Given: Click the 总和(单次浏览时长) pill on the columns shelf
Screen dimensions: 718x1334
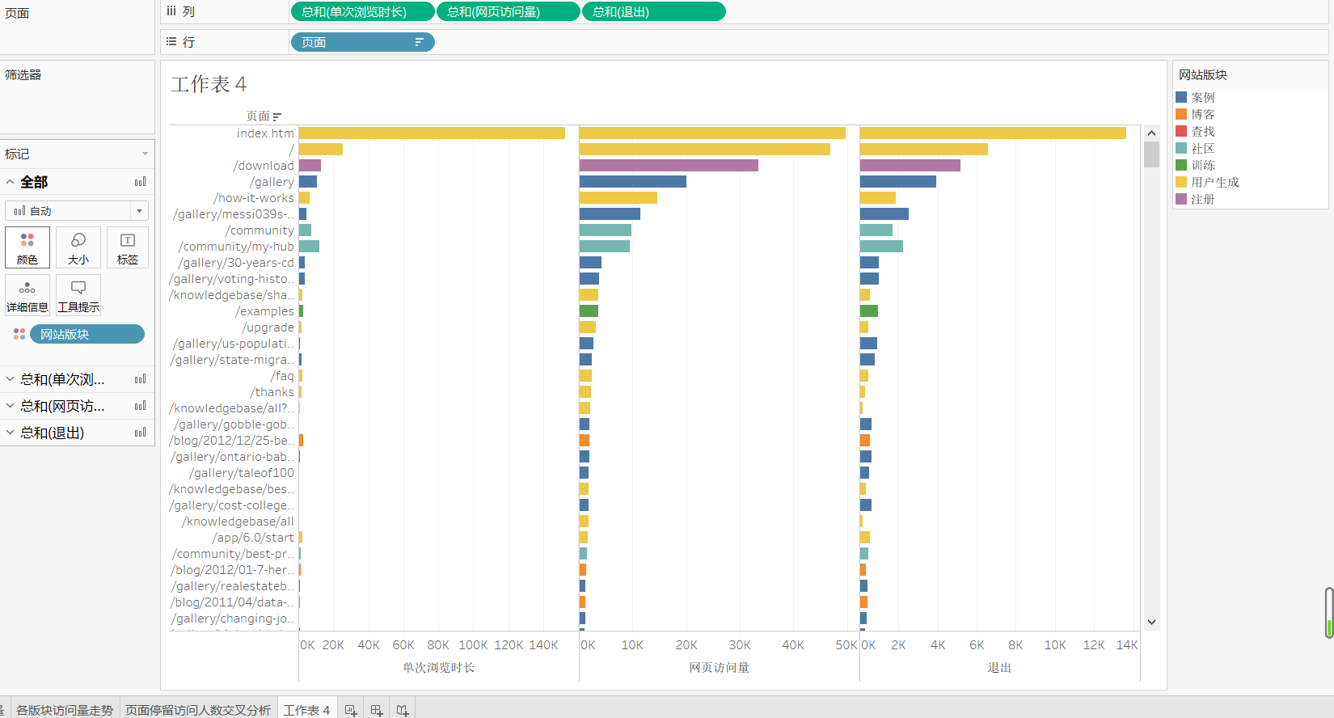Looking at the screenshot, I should click(361, 12).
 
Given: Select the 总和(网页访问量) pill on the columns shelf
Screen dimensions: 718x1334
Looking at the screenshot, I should click(507, 12).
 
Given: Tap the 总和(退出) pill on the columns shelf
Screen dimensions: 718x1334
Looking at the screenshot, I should click(652, 12).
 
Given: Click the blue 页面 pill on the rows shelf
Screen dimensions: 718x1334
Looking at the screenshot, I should click(361, 42).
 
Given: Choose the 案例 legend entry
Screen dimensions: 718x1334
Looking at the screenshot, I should click(1203, 97).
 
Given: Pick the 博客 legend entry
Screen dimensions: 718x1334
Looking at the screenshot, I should click(1203, 114).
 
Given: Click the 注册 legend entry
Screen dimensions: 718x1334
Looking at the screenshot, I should click(1203, 199).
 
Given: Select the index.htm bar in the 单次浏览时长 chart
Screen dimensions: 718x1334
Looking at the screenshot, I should click(432, 133).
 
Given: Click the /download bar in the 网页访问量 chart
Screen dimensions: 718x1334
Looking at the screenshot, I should click(669, 165).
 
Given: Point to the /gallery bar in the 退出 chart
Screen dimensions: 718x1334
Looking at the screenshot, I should click(897, 181).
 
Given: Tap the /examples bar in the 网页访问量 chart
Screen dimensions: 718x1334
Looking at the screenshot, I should click(589, 310).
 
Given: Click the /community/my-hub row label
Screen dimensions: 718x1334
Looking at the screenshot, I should click(236, 246).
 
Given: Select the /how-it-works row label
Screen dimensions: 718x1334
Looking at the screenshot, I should click(253, 197).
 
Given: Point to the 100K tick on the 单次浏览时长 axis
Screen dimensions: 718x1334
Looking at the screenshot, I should click(473, 644).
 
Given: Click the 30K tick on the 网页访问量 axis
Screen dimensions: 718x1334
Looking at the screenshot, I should click(740, 644).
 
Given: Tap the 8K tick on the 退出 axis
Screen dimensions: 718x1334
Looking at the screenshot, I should click(1015, 644).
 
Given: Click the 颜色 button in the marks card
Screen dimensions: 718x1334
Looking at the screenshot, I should click(27, 247).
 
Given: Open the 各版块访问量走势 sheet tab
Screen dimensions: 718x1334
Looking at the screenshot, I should click(65, 709).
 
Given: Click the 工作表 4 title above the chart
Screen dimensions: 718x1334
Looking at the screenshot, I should click(209, 84).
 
